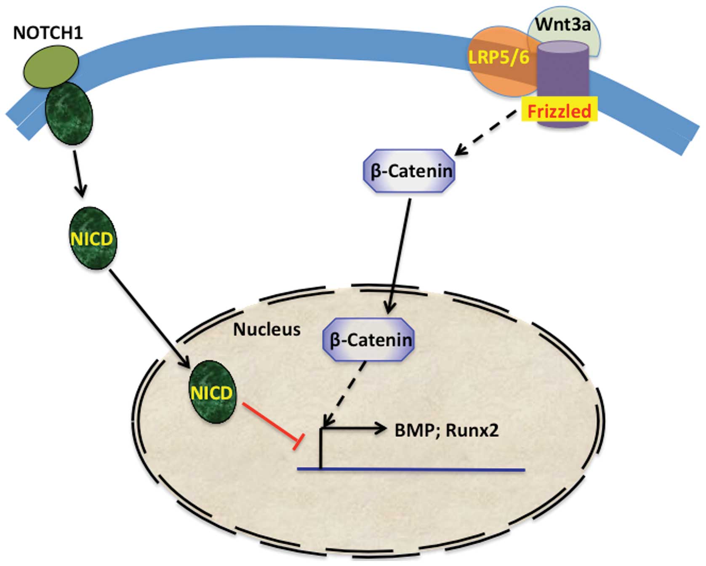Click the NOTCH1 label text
(48, 33)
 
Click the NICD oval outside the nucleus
(93, 238)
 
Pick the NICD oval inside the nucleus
(212, 392)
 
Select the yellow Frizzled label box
(559, 111)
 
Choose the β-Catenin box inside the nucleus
(369, 340)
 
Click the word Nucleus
(267, 329)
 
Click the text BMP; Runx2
(446, 430)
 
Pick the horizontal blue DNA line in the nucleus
(411, 469)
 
